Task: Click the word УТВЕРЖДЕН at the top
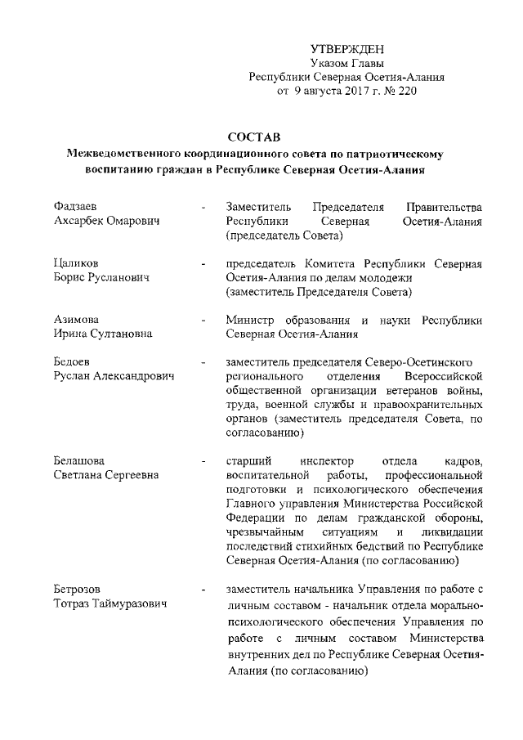pos(346,51)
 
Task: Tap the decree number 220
pos(406,92)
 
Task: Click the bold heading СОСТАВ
pos(255,137)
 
